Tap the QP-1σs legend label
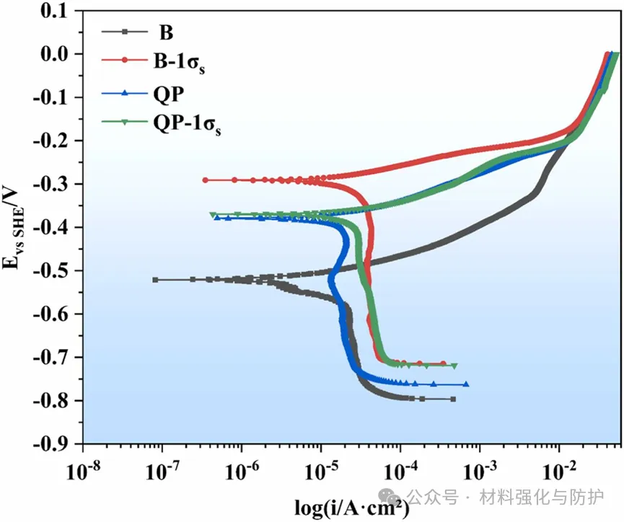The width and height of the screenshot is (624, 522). [x=186, y=124]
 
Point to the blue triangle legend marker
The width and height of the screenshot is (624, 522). [x=125, y=92]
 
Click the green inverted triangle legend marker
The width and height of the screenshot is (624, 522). [x=125, y=123]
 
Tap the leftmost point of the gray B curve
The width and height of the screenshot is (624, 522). [x=155, y=280]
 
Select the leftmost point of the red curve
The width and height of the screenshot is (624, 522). [x=206, y=180]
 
